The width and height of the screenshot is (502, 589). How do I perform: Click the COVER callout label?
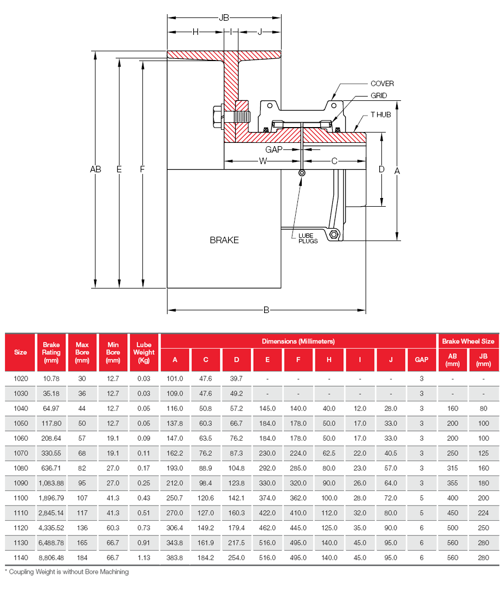click(382, 83)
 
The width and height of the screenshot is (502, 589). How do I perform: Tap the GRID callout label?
click(379, 95)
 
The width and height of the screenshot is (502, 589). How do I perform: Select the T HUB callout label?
click(381, 115)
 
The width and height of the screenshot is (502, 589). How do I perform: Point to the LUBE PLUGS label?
click(308, 238)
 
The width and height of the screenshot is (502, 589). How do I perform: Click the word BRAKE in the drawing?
click(224, 240)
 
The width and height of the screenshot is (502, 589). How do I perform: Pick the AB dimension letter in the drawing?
click(95, 170)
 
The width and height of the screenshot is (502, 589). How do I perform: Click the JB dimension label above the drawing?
click(224, 18)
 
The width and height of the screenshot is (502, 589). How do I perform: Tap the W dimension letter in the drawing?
click(263, 161)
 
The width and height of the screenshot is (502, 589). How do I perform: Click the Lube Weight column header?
click(144, 352)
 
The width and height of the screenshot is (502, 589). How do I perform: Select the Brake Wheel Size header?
click(468, 341)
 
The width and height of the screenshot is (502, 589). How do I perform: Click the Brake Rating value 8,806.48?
click(51, 557)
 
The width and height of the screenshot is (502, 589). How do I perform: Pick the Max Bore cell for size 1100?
click(82, 498)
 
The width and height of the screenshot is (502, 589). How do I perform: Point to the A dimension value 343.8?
click(175, 543)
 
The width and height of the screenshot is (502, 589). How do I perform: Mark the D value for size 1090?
click(237, 484)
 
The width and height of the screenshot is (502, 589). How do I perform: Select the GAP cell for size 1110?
click(422, 513)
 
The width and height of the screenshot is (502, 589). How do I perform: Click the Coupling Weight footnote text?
click(67, 572)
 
